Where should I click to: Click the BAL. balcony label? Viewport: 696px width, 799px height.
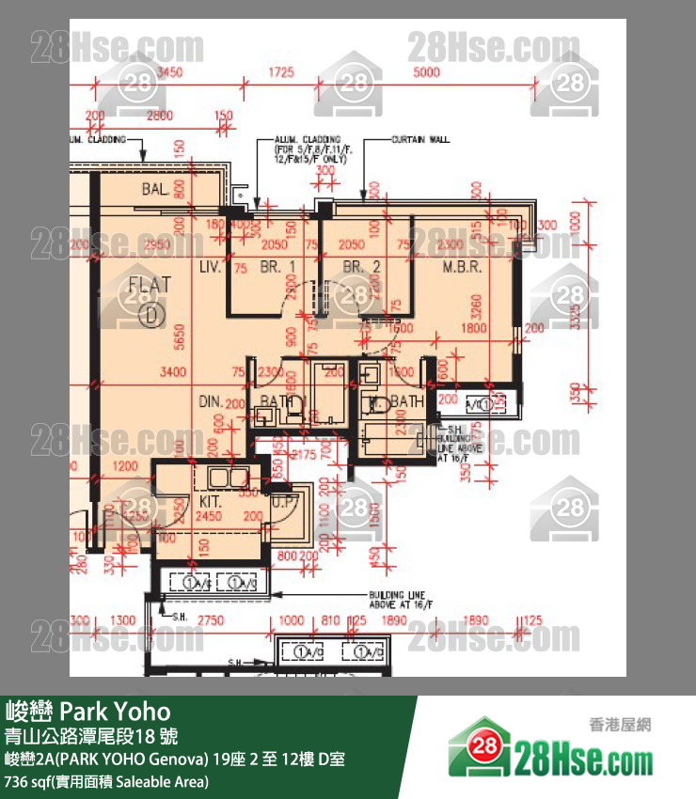click(x=155, y=189)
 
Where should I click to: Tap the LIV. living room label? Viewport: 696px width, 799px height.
click(x=210, y=268)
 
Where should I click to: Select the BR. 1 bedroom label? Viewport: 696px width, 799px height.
click(x=280, y=268)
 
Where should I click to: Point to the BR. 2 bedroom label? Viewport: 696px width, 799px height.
click(x=361, y=268)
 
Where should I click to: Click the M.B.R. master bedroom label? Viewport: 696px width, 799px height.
click(x=462, y=268)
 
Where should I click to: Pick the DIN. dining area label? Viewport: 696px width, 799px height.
click(x=210, y=401)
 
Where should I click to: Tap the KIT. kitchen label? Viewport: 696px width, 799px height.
click(x=210, y=501)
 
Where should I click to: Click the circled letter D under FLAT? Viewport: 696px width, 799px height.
click(x=150, y=315)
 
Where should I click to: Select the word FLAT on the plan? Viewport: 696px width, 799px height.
click(x=150, y=285)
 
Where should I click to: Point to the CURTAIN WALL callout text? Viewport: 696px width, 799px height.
click(x=420, y=140)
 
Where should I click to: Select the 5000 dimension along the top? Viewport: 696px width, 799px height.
click(x=425, y=72)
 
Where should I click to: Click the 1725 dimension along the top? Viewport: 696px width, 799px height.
click(x=280, y=72)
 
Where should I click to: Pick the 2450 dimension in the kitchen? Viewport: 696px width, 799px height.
click(x=208, y=516)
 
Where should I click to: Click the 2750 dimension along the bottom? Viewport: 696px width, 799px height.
click(x=210, y=621)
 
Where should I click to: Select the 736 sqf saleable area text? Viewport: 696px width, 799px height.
click(x=107, y=781)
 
